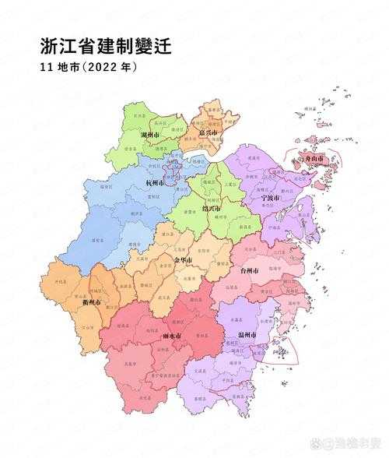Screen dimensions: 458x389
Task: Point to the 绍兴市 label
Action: pos(211,209)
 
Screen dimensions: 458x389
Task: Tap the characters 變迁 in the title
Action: pos(154,46)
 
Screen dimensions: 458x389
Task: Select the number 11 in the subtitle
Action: pos(45,68)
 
